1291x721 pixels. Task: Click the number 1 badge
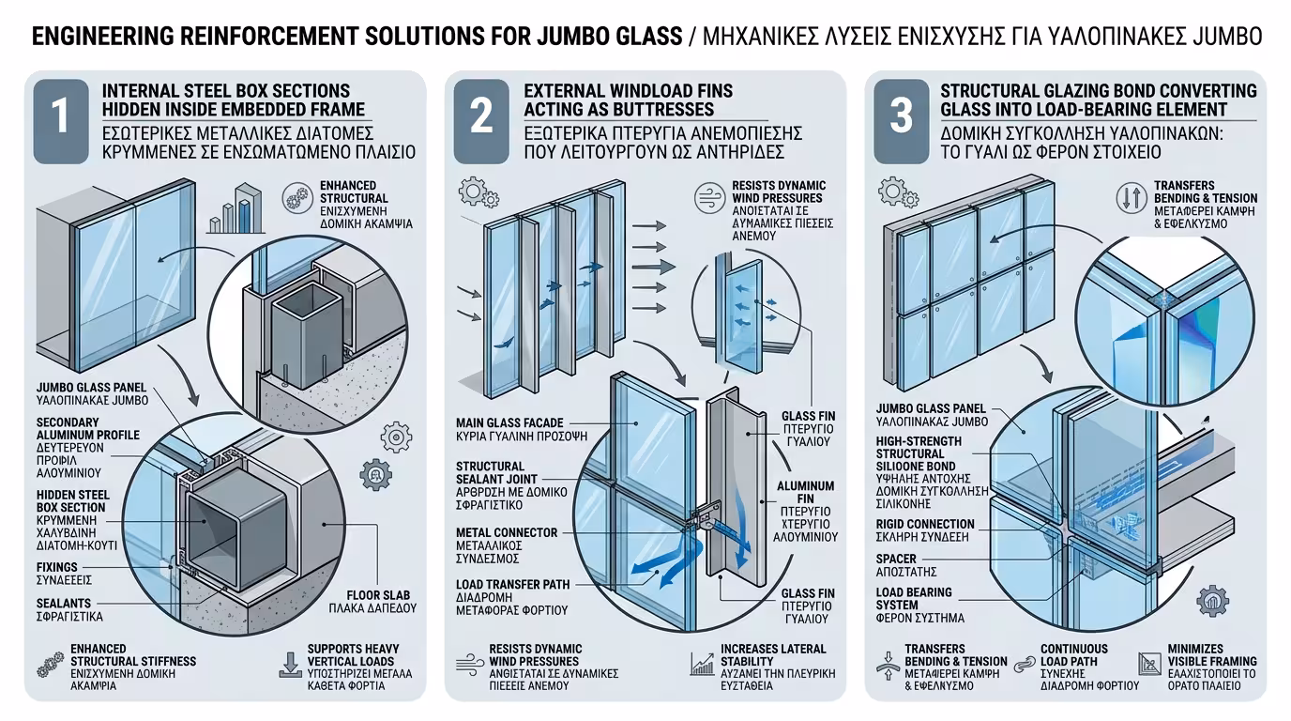click(x=61, y=117)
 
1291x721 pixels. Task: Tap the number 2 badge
click(x=481, y=117)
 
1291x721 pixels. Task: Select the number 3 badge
click(x=901, y=117)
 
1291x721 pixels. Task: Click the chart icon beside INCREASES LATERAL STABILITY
click(x=702, y=665)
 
